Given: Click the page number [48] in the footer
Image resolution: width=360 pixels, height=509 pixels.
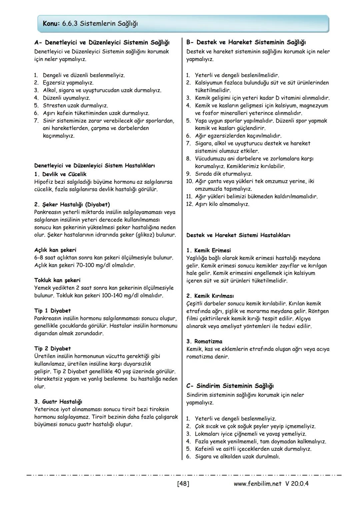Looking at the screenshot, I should (183, 483).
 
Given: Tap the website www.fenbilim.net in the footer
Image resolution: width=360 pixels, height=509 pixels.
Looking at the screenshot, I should (258, 483).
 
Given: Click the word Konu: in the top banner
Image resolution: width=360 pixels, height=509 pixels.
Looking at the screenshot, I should (51, 24).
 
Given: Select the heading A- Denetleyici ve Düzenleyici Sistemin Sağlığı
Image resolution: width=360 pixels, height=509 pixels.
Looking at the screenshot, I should (102, 43).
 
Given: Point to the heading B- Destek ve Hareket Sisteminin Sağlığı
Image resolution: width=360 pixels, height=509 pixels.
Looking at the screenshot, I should (246, 42).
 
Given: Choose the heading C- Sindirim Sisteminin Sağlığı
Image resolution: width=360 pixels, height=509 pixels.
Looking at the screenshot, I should (230, 386).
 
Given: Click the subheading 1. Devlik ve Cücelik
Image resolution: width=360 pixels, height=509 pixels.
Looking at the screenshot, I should (60, 174).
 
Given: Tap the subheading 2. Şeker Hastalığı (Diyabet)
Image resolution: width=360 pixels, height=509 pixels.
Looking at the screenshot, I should (72, 204).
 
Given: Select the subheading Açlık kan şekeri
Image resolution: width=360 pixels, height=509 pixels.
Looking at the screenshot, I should (55, 250).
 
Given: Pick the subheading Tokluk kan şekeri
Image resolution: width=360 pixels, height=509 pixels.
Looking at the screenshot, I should (57, 280).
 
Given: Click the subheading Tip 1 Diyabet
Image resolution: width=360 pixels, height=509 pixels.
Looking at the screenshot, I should (53, 311).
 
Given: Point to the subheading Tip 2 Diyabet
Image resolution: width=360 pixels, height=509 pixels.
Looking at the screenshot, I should (53, 349).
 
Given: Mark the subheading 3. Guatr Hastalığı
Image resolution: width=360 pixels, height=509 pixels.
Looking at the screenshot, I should (58, 402).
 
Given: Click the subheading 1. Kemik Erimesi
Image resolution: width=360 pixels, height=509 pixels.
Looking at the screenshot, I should (209, 250).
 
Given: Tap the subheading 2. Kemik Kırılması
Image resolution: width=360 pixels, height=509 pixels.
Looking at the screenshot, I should (210, 296).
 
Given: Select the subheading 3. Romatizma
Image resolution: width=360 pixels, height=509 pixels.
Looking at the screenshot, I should (204, 341).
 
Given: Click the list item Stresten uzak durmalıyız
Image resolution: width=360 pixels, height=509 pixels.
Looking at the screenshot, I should (75, 106).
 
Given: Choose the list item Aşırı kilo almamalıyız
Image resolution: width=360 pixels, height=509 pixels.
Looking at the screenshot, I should (222, 204).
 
